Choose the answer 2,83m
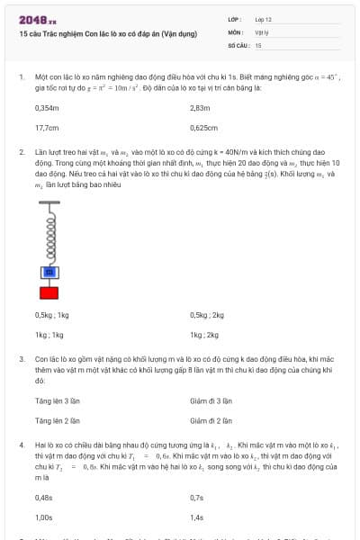tap(200, 107)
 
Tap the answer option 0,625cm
tap(204, 128)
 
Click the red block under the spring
tap(49, 292)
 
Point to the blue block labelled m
tap(49, 272)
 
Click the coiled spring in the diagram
tap(49, 234)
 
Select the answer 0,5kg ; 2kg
tap(207, 315)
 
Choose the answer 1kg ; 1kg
tap(49, 335)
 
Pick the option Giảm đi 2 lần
tap(211, 419)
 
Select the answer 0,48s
tap(44, 497)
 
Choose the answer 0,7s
tap(197, 497)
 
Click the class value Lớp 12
tap(264, 18)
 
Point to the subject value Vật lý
tap(262, 31)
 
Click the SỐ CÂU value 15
tap(258, 44)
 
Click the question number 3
tap(22, 358)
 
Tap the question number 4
tap(22, 445)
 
